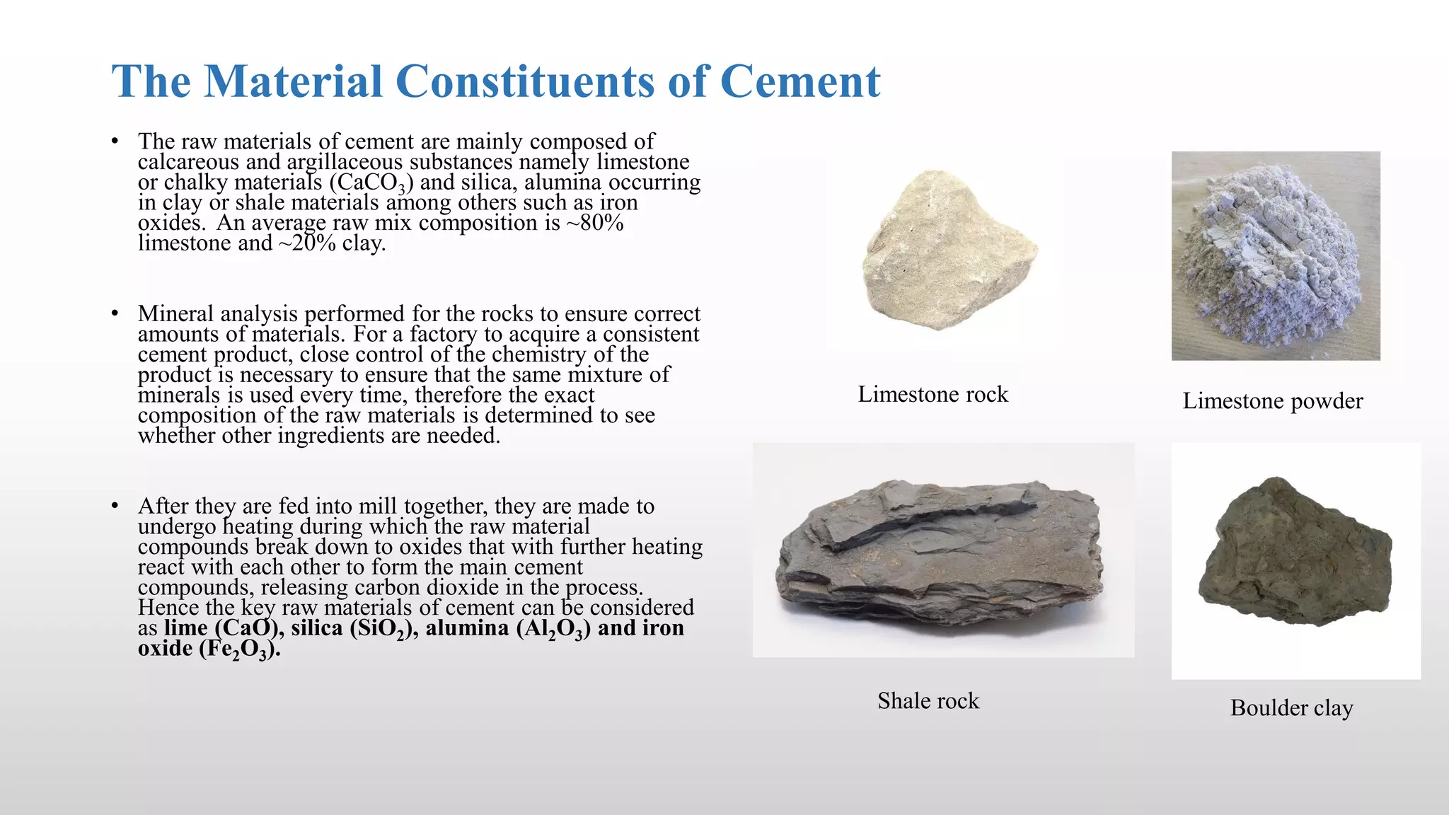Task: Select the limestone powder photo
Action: tap(1276, 255)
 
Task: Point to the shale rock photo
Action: tap(942, 550)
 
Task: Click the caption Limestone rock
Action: tap(933, 394)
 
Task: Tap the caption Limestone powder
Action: tap(1272, 401)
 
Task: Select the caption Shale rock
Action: tap(928, 700)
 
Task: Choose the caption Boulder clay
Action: tap(1291, 707)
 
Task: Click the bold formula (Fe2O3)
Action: tap(239, 649)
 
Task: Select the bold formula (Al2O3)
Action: tap(553, 628)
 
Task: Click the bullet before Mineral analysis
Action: tap(115, 313)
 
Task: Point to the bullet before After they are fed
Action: tap(115, 506)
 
